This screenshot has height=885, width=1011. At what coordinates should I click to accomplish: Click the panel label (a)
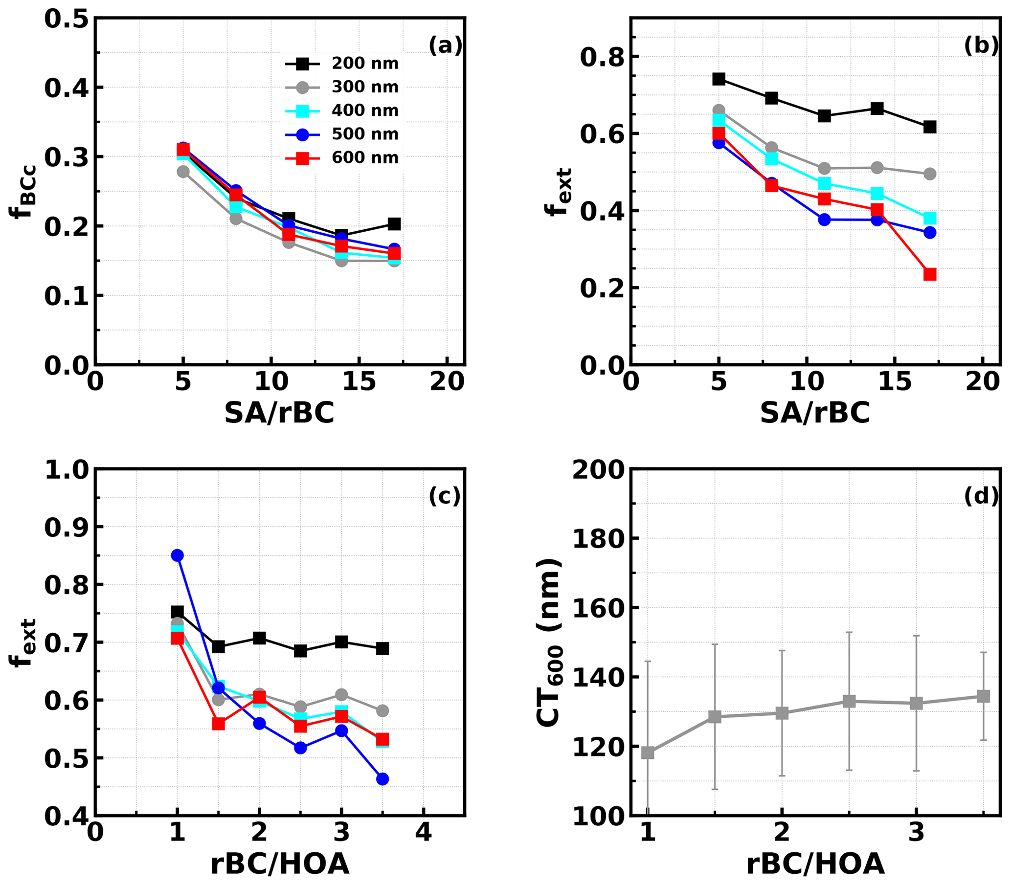(x=445, y=46)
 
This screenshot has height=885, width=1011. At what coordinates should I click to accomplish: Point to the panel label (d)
(x=981, y=496)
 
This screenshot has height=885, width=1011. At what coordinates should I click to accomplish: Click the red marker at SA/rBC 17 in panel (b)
(x=930, y=274)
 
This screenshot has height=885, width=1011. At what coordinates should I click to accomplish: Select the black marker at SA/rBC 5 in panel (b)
(x=719, y=79)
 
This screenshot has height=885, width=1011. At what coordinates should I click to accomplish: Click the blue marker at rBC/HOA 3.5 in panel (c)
(x=382, y=779)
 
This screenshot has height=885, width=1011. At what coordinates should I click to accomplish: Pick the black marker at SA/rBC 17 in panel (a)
(x=394, y=224)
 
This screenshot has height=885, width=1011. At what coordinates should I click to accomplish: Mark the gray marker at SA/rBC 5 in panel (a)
(x=183, y=172)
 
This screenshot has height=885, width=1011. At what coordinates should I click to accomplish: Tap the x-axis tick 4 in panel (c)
(x=423, y=833)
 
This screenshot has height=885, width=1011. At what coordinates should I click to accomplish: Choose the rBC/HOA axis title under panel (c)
(x=280, y=864)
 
